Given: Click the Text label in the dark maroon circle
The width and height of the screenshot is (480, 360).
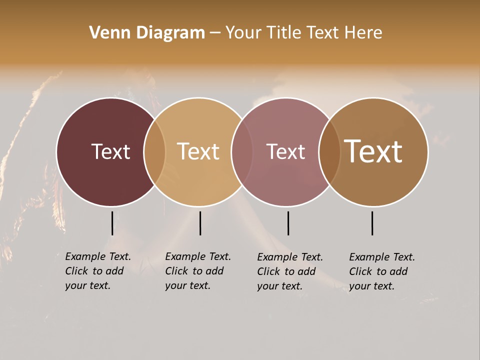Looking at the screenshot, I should (110, 151).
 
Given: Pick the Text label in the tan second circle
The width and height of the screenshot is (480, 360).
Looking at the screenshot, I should (198, 151).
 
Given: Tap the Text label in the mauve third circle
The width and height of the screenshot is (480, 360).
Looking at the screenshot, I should (285, 151).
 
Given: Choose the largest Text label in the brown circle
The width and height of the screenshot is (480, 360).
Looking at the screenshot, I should (373, 151).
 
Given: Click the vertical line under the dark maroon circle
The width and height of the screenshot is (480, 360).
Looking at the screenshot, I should (112, 223).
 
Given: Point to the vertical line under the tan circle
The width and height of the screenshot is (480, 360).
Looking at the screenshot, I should (200, 223).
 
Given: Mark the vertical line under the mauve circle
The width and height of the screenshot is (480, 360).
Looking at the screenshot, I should (288, 223).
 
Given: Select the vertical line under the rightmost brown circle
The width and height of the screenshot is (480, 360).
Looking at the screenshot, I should (372, 223).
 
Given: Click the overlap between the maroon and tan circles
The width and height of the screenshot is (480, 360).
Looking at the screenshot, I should (154, 151).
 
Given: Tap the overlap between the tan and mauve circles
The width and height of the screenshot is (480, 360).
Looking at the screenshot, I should (242, 151).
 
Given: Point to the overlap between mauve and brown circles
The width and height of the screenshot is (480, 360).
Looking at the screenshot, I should (329, 151).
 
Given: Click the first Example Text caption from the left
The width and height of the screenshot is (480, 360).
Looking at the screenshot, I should (97, 271).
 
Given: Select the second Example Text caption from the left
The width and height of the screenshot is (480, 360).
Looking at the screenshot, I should (197, 271).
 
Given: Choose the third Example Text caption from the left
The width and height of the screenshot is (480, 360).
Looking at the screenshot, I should (289, 271).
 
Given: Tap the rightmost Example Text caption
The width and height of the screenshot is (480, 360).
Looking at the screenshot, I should (381, 271).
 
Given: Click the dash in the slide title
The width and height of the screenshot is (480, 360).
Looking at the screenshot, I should (214, 33).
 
